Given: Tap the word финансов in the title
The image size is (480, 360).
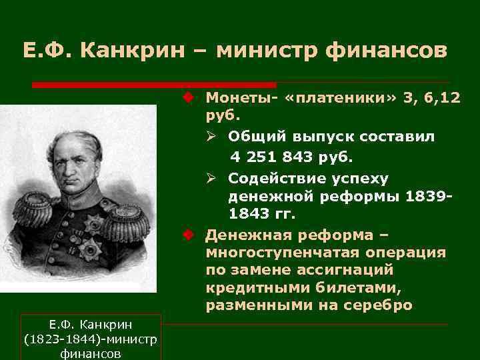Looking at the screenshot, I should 387,51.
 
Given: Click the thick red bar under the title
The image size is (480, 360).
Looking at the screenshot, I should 154,85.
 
